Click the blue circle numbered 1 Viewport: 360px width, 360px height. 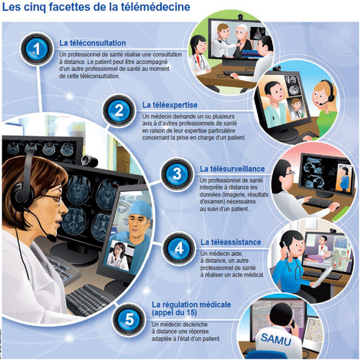click(37, 49)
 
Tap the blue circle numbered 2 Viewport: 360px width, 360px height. click(119, 111)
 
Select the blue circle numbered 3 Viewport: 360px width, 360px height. click(177, 173)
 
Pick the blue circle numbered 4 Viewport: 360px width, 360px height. click(179, 248)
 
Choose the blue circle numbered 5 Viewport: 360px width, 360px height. click(129, 319)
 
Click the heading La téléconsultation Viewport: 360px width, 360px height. click(93, 43)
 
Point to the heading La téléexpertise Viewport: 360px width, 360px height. click(170, 105)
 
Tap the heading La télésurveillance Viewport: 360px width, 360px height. click(232, 169)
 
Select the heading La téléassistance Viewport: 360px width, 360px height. click(230, 242)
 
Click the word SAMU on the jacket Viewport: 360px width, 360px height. click(276, 339)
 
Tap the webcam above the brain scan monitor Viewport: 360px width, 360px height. click(89, 160)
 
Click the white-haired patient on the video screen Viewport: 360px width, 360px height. click(242, 41)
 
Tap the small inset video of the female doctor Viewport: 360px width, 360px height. click(119, 255)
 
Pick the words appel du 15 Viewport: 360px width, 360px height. click(174, 313)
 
